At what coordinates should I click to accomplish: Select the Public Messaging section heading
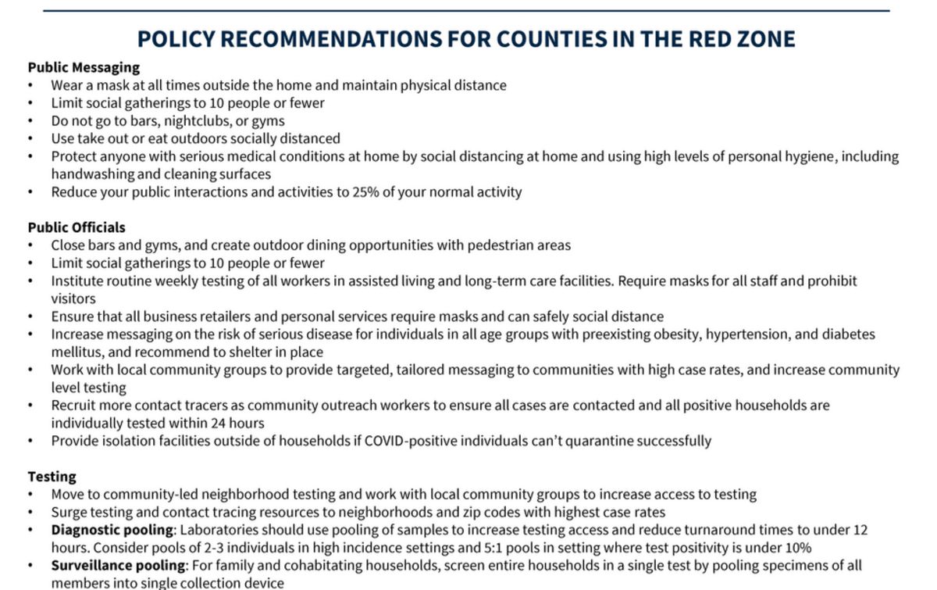pyautogui.click(x=84, y=67)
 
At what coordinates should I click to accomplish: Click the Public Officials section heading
pyautogui.click(x=77, y=227)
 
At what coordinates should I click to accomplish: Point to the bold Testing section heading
pyautogui.click(x=52, y=476)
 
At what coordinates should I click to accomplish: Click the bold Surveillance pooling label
pyautogui.click(x=117, y=565)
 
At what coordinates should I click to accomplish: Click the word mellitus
pyautogui.click(x=77, y=352)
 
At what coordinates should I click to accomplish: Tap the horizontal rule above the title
pyautogui.click(x=466, y=11)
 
